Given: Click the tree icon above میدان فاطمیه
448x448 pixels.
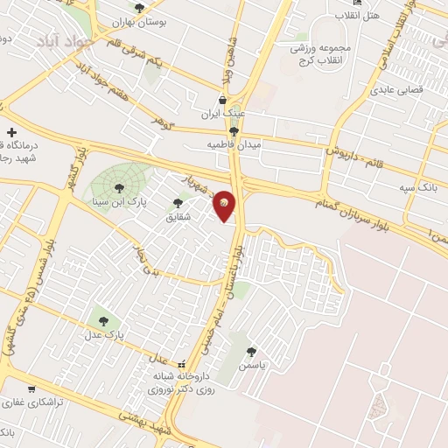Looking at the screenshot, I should click(232, 130).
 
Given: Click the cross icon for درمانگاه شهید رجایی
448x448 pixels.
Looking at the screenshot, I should click(10, 130).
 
